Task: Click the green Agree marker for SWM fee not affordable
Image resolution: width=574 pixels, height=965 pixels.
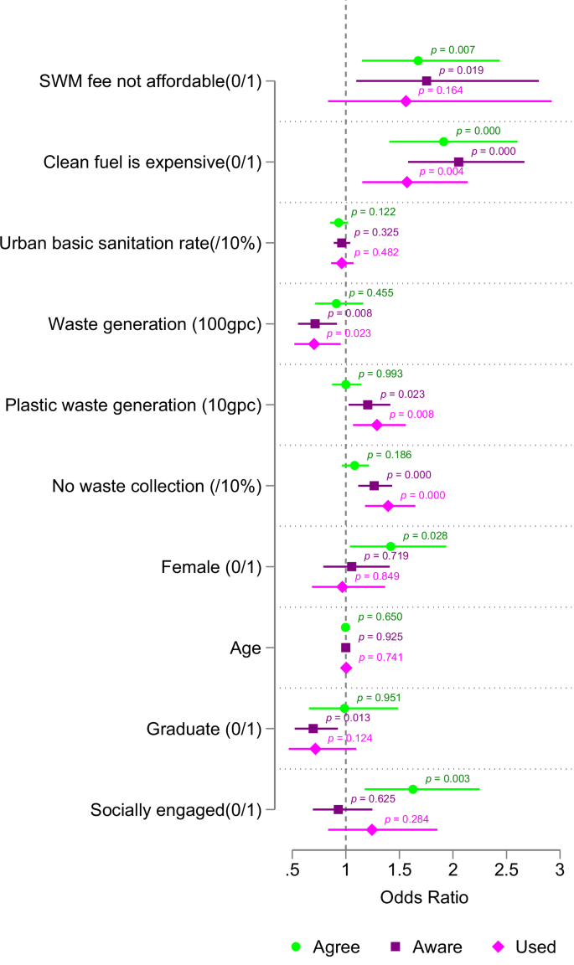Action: click(418, 60)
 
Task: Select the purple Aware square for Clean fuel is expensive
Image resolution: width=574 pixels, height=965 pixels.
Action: click(458, 162)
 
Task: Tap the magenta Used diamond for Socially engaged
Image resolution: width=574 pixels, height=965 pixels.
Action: click(372, 829)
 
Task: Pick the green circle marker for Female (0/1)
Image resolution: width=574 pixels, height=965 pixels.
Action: click(390, 546)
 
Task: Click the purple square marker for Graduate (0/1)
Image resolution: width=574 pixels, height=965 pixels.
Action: click(313, 728)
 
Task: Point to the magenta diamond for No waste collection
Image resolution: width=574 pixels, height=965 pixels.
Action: click(388, 506)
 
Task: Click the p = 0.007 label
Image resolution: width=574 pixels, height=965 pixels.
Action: click(453, 49)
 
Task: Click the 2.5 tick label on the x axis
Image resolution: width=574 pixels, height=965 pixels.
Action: click(506, 868)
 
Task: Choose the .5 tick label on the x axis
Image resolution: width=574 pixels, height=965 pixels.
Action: click(292, 868)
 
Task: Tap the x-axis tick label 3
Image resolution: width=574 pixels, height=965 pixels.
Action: click(559, 868)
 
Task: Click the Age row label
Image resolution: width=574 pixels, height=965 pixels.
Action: click(246, 648)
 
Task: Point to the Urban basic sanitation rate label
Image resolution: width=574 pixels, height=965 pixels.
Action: click(132, 243)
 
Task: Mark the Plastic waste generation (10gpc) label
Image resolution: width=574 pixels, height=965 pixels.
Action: click(133, 405)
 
